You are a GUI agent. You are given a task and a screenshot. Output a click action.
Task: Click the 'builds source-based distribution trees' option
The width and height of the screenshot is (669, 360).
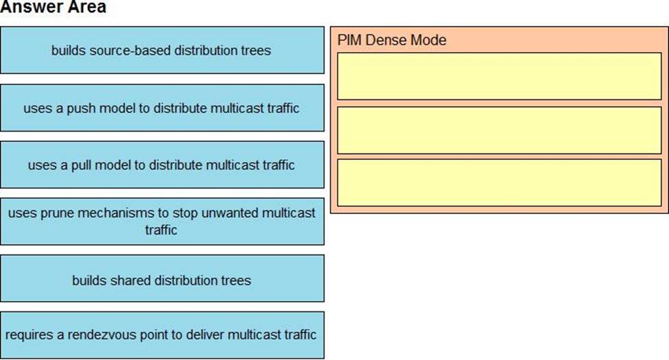[x=162, y=50]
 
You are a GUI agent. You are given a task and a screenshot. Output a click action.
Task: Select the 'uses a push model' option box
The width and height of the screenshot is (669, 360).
[x=162, y=108]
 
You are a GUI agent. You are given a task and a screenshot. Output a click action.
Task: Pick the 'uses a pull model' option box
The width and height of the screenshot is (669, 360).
[x=162, y=165]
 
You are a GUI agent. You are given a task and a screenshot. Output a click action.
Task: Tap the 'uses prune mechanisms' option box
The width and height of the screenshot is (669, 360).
[x=162, y=221]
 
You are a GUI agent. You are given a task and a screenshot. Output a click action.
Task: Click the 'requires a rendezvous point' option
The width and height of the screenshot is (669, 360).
[x=162, y=335]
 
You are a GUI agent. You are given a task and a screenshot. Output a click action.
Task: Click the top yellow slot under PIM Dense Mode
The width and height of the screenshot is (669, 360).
[x=499, y=76]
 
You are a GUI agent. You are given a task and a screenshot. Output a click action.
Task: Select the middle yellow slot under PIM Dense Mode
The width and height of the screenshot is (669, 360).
[x=499, y=130]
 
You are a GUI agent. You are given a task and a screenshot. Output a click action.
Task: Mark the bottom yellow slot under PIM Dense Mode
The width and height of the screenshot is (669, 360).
[x=499, y=182]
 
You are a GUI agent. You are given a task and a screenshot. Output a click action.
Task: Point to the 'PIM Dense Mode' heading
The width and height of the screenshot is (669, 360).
[x=392, y=40]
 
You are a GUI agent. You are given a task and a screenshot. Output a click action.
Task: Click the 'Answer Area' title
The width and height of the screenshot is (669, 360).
[x=54, y=8]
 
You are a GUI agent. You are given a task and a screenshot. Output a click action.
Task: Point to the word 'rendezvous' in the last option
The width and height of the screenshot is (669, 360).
[x=133, y=335]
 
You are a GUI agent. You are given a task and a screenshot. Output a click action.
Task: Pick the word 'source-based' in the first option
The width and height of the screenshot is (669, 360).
[x=135, y=50]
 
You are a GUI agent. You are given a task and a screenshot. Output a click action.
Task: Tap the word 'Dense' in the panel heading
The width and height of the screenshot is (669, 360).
[x=386, y=40]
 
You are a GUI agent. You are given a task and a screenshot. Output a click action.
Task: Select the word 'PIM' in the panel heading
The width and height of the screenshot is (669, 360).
[x=349, y=40]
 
